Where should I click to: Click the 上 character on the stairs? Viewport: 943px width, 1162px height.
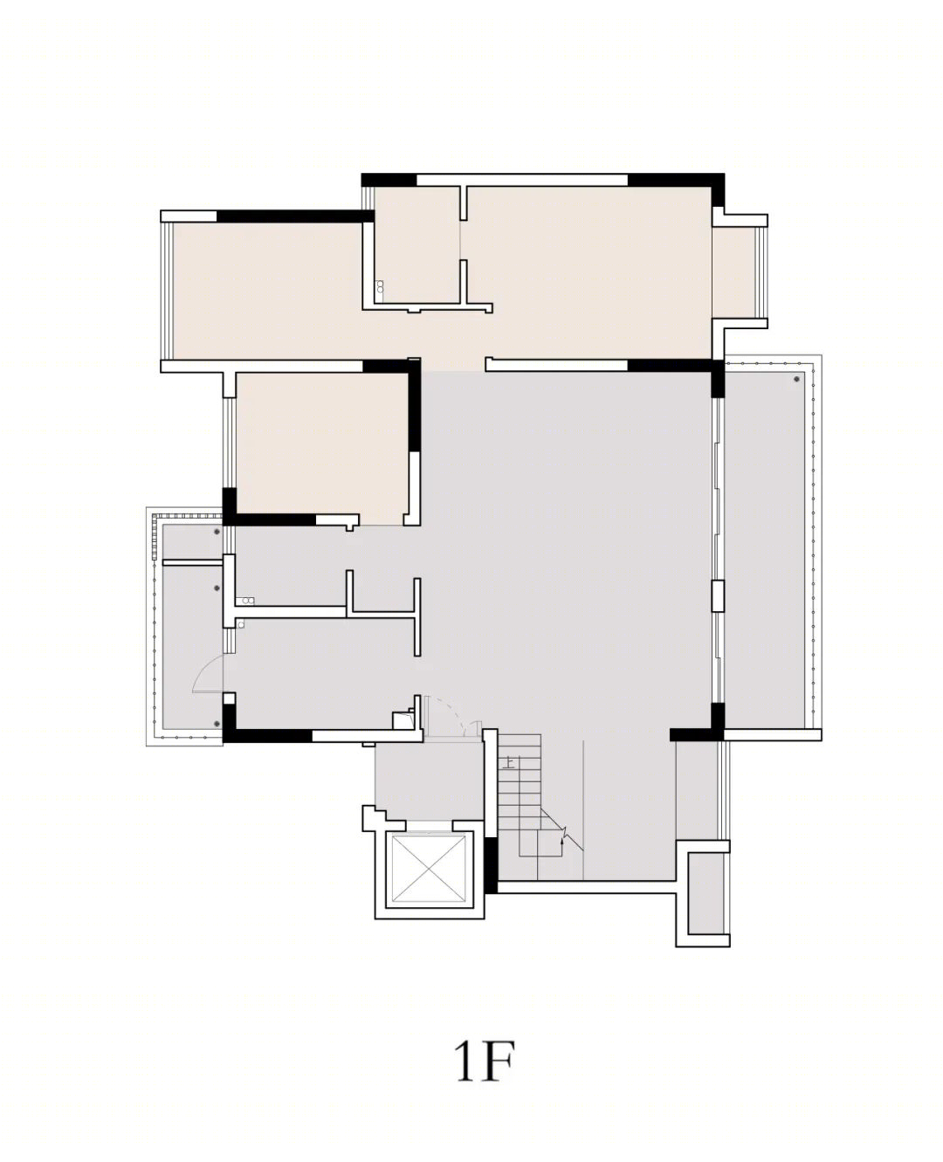coord(510,761)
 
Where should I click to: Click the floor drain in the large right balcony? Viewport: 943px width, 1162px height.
coord(796,379)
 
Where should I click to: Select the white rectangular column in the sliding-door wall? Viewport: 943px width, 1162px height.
coord(718,596)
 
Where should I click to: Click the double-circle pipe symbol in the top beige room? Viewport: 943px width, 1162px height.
coord(380,287)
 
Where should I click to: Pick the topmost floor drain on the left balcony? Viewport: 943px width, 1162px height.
coord(217,530)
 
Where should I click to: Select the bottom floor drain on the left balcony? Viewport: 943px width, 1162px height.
coord(217,724)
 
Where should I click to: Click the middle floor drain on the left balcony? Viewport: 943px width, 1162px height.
coord(217,588)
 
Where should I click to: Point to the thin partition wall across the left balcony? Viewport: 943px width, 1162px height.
coord(192,562)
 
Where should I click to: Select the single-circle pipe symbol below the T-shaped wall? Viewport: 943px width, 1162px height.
coord(240,624)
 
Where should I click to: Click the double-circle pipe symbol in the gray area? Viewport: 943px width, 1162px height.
coord(248,601)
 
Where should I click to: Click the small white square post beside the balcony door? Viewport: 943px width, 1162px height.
coord(229,698)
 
